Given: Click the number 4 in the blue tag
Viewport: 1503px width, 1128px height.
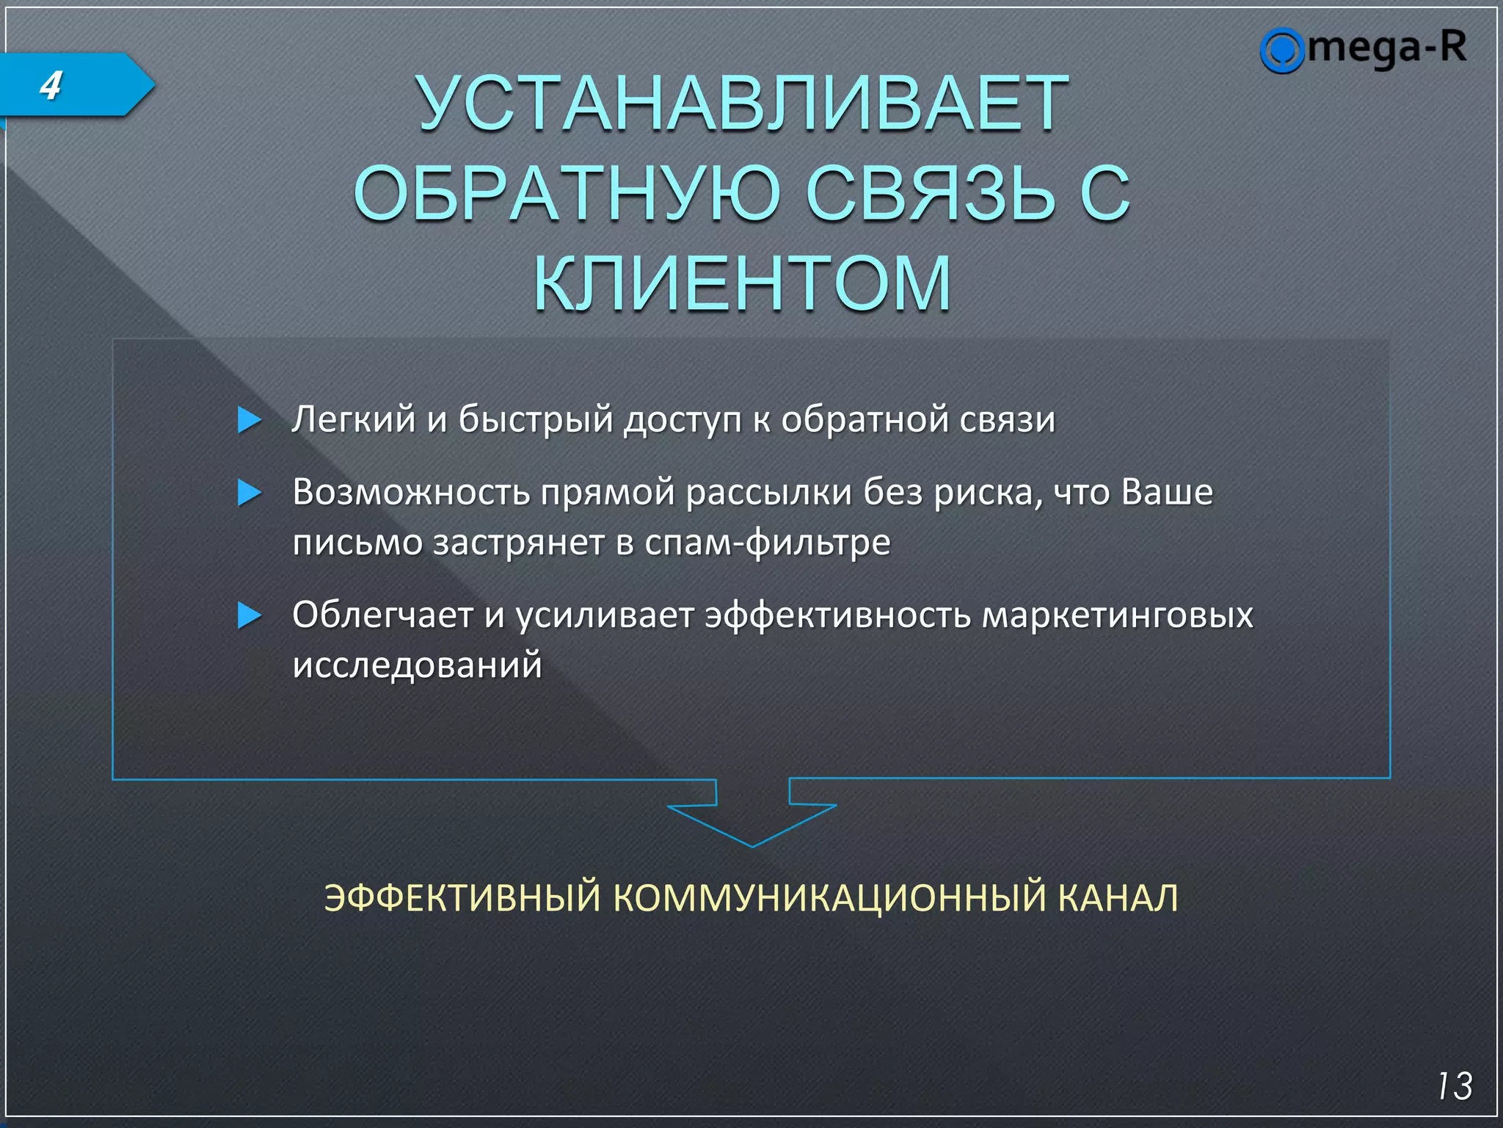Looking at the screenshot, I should tap(51, 86).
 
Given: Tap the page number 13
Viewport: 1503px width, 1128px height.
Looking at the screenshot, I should tap(1454, 1086).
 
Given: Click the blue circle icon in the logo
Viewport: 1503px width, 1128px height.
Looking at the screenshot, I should tap(1281, 51).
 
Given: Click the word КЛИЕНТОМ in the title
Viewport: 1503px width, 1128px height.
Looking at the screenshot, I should tap(742, 283).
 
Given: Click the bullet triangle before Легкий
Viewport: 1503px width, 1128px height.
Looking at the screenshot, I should tap(250, 420).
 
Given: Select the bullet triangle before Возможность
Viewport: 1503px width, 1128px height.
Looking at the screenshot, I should tap(250, 493).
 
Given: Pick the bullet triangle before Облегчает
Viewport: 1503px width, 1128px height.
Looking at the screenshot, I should tap(250, 615).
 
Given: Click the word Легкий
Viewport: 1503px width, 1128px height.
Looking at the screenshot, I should tap(353, 420).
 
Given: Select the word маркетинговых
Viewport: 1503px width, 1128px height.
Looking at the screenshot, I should tap(1117, 615).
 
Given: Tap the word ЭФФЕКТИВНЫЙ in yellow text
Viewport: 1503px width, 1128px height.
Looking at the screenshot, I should tap(462, 898).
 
